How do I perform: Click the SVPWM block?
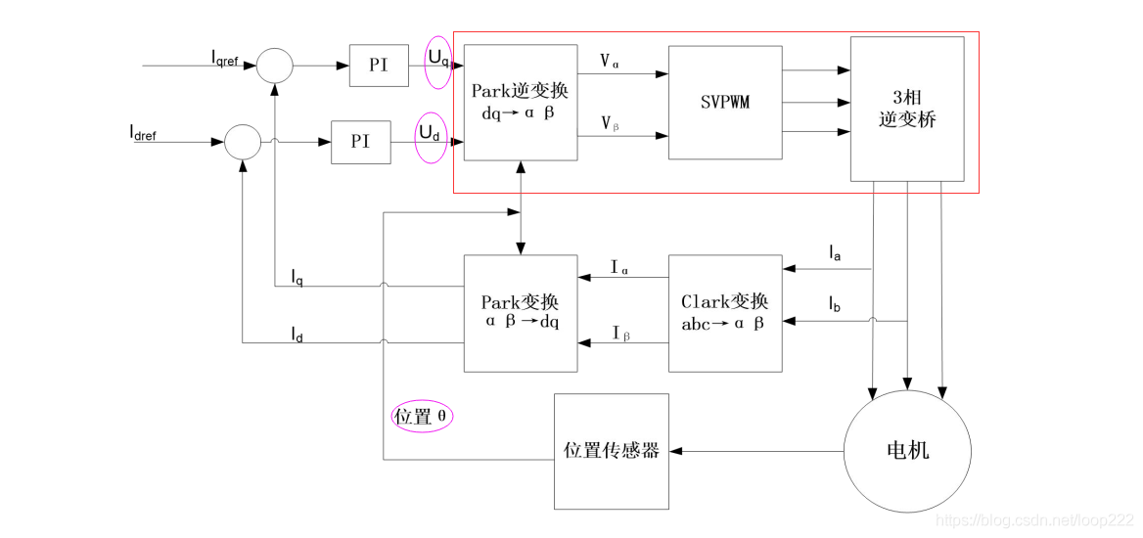(x=725, y=102)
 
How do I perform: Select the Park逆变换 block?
(x=521, y=102)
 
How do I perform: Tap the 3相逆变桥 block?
(x=907, y=110)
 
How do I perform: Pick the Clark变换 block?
(x=725, y=313)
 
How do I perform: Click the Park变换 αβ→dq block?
(x=521, y=313)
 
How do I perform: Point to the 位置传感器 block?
(x=612, y=451)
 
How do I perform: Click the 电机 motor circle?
(x=907, y=450)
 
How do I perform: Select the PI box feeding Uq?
(x=379, y=65)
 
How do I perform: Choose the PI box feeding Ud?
(x=361, y=142)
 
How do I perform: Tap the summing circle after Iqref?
(x=275, y=66)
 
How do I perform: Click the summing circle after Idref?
(x=242, y=142)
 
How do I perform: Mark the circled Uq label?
(x=438, y=62)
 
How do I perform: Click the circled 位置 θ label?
(x=423, y=417)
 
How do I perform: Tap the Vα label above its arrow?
(x=610, y=62)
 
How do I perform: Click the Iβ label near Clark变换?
(x=621, y=334)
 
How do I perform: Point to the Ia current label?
(x=836, y=253)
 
